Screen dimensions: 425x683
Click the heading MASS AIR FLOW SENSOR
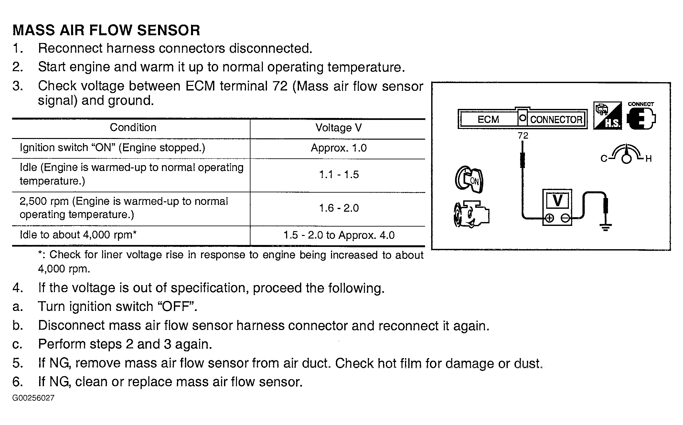106,30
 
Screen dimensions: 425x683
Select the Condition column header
133,128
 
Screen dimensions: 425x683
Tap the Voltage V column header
338,128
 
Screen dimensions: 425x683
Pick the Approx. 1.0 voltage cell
338,148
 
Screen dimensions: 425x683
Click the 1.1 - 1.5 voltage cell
339,175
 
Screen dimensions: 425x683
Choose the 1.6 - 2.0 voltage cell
339,208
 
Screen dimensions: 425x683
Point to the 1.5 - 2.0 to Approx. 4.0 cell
339,235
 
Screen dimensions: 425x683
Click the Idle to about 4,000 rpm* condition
78,235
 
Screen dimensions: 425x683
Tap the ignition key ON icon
469,180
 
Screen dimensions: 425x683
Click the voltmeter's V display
557,200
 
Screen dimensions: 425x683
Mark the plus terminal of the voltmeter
549,218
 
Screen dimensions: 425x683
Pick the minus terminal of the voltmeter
565,218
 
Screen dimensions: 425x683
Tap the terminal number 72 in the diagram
523,136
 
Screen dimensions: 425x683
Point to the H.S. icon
607,116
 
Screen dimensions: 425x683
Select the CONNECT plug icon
641,118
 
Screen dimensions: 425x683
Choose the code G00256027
33,398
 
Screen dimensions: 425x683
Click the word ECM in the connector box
488,120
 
